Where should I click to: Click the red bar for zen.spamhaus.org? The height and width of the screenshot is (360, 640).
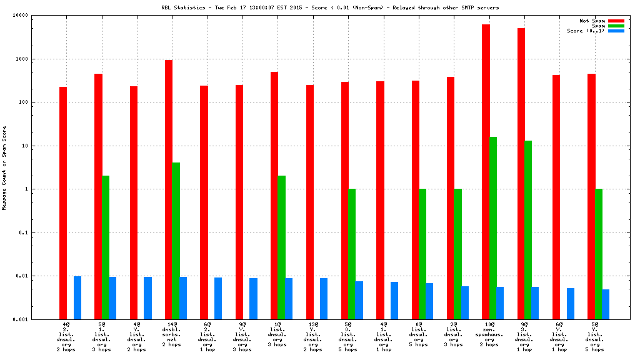point(486,172)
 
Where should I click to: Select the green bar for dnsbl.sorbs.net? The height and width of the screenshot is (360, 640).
point(176,241)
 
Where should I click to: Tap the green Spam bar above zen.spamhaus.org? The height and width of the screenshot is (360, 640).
point(493,228)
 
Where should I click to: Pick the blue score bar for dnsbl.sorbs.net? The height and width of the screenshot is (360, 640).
point(183,298)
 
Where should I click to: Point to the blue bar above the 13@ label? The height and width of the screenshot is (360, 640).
point(324,299)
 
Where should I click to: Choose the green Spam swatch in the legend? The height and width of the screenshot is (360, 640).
point(616,26)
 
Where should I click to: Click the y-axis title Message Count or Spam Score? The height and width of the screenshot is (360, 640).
point(4,167)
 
